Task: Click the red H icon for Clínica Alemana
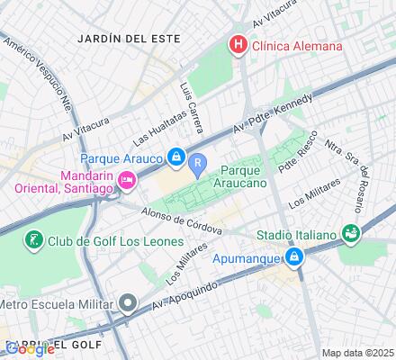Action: (238, 44)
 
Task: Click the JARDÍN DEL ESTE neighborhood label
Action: (129, 40)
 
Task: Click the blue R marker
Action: (198, 163)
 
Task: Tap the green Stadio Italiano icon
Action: (351, 233)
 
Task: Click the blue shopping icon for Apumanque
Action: (293, 256)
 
